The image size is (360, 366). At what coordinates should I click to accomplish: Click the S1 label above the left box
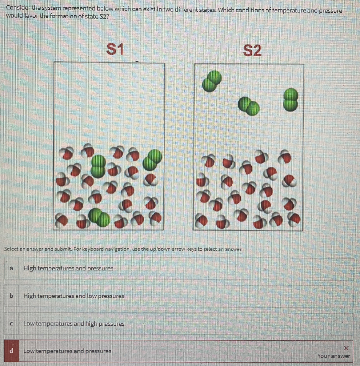coord(115,49)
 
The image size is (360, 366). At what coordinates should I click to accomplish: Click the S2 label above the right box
coord(252,50)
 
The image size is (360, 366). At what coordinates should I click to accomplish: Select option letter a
coord(11,268)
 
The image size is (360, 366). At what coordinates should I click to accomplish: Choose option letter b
coord(11,296)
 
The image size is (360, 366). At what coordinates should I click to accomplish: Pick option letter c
coord(11,324)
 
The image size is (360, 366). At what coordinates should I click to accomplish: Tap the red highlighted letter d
coord(12,351)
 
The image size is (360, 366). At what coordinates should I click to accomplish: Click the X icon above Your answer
coord(346,348)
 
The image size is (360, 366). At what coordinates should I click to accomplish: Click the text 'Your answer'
coord(334,356)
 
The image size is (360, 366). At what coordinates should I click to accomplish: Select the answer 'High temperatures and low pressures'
coord(74,296)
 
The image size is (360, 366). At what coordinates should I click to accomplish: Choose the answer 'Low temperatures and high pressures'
coord(74,324)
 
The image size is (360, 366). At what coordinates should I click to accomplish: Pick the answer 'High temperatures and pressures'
coord(68,268)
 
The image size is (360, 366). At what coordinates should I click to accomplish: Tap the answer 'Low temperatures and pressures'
coord(67,351)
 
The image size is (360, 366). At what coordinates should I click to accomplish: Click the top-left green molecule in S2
coord(212,81)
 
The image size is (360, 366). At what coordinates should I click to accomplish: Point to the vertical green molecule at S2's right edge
coord(290,99)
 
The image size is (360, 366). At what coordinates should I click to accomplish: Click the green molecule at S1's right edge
coord(152,159)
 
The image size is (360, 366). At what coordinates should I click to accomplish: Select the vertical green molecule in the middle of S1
coord(98,166)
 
